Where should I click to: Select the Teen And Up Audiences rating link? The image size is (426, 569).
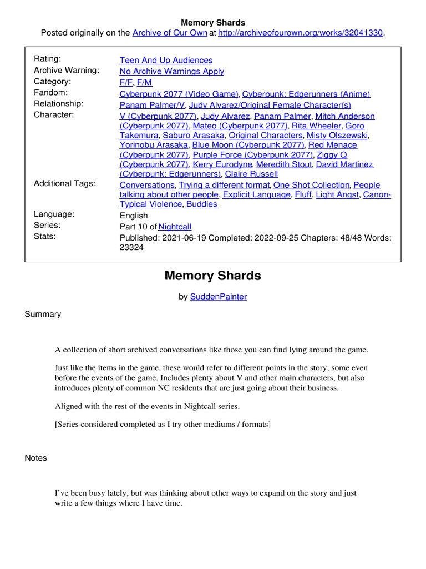(x=166, y=60)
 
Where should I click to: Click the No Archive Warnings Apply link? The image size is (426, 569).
(x=172, y=71)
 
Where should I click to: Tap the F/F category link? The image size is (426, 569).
(x=126, y=82)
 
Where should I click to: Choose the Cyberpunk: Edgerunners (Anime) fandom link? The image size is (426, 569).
(x=306, y=94)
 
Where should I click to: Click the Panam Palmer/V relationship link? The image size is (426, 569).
(x=152, y=105)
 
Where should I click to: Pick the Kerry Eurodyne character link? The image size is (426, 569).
(x=222, y=164)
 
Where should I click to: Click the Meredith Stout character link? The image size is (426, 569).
(x=285, y=164)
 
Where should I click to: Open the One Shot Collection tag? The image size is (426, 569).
(x=311, y=185)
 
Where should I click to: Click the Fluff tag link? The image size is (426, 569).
(x=302, y=195)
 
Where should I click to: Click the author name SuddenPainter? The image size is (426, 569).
(x=219, y=297)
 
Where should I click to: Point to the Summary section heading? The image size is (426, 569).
(x=43, y=315)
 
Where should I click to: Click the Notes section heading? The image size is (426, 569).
(x=36, y=458)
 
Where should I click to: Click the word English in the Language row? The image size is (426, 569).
(x=134, y=216)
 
